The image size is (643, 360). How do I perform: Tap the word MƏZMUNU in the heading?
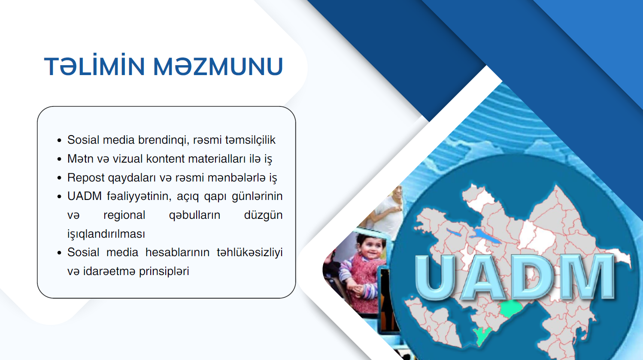tap(218, 66)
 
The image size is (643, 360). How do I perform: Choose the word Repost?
tap(86, 178)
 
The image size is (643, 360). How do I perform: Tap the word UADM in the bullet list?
tap(85, 196)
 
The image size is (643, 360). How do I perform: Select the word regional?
tap(124, 215)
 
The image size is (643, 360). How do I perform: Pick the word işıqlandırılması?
tap(106, 234)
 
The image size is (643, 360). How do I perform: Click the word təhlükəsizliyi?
tap(250, 252)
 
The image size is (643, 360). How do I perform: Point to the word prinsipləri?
tap(164, 271)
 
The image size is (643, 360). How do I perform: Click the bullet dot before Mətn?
tap(59, 159)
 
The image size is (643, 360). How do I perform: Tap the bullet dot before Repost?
tap(59, 178)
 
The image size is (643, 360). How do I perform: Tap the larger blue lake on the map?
tap(486, 236)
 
